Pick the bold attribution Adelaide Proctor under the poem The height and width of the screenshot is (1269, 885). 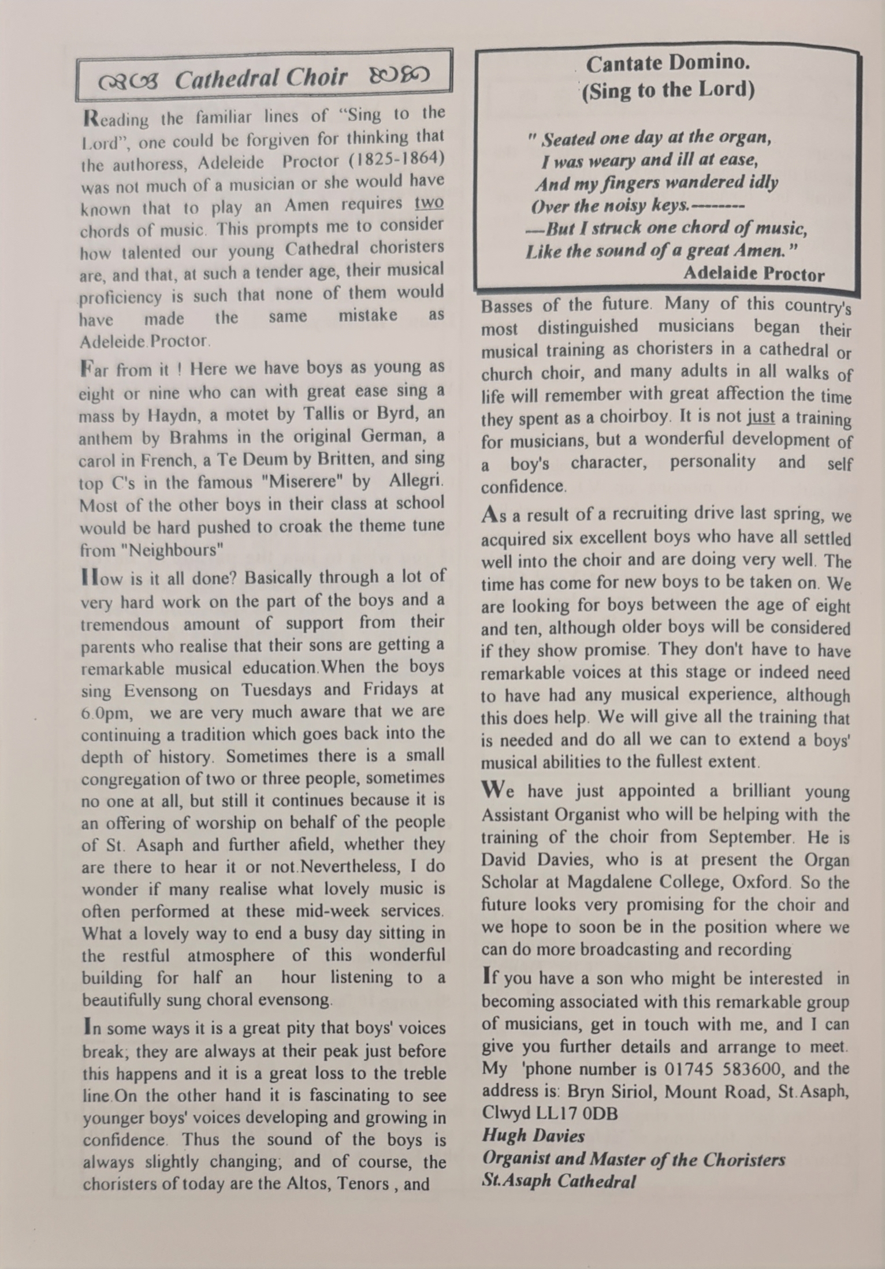tap(753, 274)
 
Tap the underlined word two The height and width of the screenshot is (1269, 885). tap(429, 203)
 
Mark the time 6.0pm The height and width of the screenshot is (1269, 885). tap(106, 713)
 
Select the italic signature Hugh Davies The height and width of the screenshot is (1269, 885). tap(533, 1136)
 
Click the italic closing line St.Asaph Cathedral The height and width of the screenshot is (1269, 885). tap(558, 1181)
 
